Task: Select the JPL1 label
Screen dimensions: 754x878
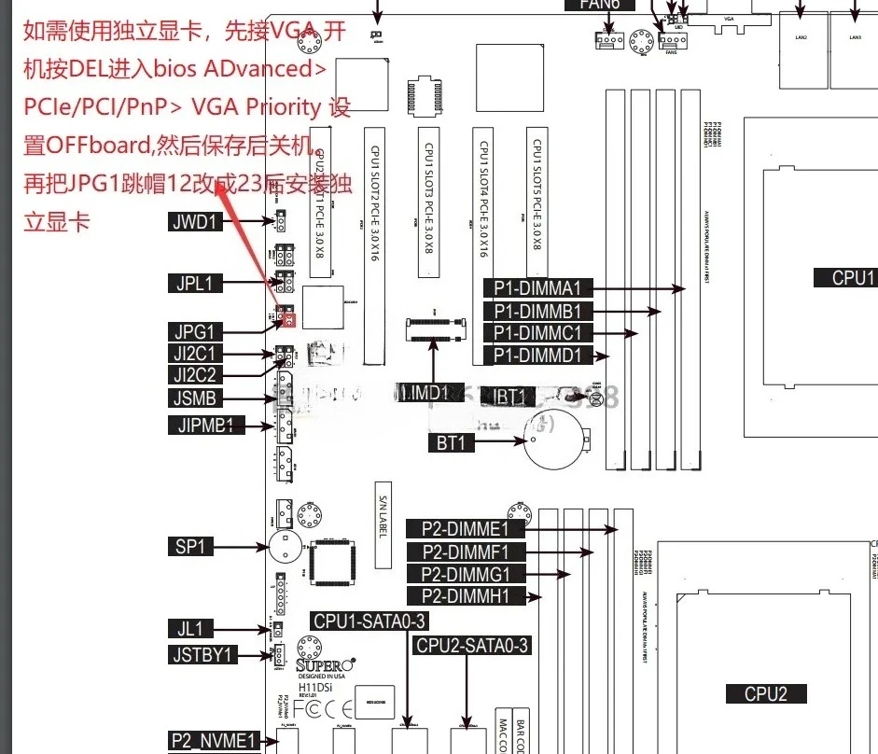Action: click(x=196, y=284)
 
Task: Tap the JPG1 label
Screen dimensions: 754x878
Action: click(x=196, y=331)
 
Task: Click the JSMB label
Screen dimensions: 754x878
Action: click(x=196, y=399)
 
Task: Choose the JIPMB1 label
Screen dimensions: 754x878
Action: click(x=206, y=426)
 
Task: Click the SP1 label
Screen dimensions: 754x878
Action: click(x=190, y=546)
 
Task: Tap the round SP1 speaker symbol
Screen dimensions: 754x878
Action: click(x=282, y=545)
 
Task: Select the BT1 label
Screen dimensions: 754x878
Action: click(x=451, y=442)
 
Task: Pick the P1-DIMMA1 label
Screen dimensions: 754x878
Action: click(x=537, y=288)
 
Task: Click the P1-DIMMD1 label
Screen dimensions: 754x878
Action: click(x=537, y=355)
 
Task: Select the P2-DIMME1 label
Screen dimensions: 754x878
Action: click(x=467, y=529)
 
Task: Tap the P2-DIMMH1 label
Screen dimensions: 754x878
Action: click(x=467, y=595)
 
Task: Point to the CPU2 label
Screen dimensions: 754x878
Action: click(x=766, y=693)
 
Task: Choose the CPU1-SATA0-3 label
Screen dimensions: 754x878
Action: click(x=370, y=621)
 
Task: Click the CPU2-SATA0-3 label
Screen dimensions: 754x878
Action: click(x=472, y=645)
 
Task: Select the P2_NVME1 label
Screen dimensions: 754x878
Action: click(x=213, y=741)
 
